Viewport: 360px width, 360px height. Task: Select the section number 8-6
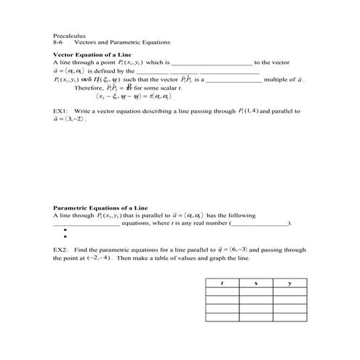(x=59, y=42)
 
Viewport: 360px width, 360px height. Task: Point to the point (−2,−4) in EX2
(x=98, y=257)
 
